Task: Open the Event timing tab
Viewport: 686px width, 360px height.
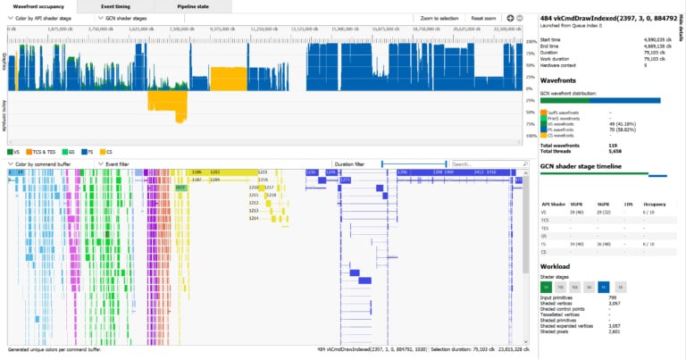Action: pyautogui.click(x=115, y=6)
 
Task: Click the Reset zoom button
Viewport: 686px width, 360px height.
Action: pyautogui.click(x=483, y=17)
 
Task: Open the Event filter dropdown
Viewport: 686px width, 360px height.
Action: pyautogui.click(x=121, y=164)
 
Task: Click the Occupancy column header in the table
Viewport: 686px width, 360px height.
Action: pyautogui.click(x=657, y=205)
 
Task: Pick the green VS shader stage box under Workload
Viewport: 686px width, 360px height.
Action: pyautogui.click(x=546, y=287)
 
